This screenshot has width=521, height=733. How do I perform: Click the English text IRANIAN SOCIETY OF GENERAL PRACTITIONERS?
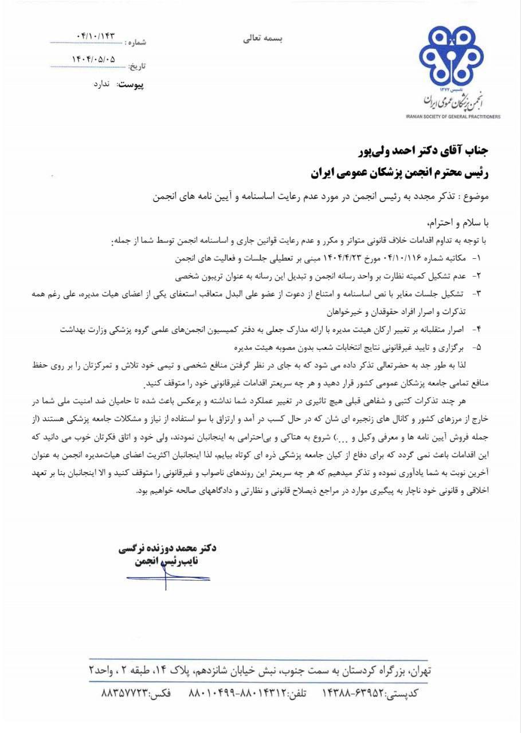453,116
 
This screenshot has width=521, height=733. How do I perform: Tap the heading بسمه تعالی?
260,38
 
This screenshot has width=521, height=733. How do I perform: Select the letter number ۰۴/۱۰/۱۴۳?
95,36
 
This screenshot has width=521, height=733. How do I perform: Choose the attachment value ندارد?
105,84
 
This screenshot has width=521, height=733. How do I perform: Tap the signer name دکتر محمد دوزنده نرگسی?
167,549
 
